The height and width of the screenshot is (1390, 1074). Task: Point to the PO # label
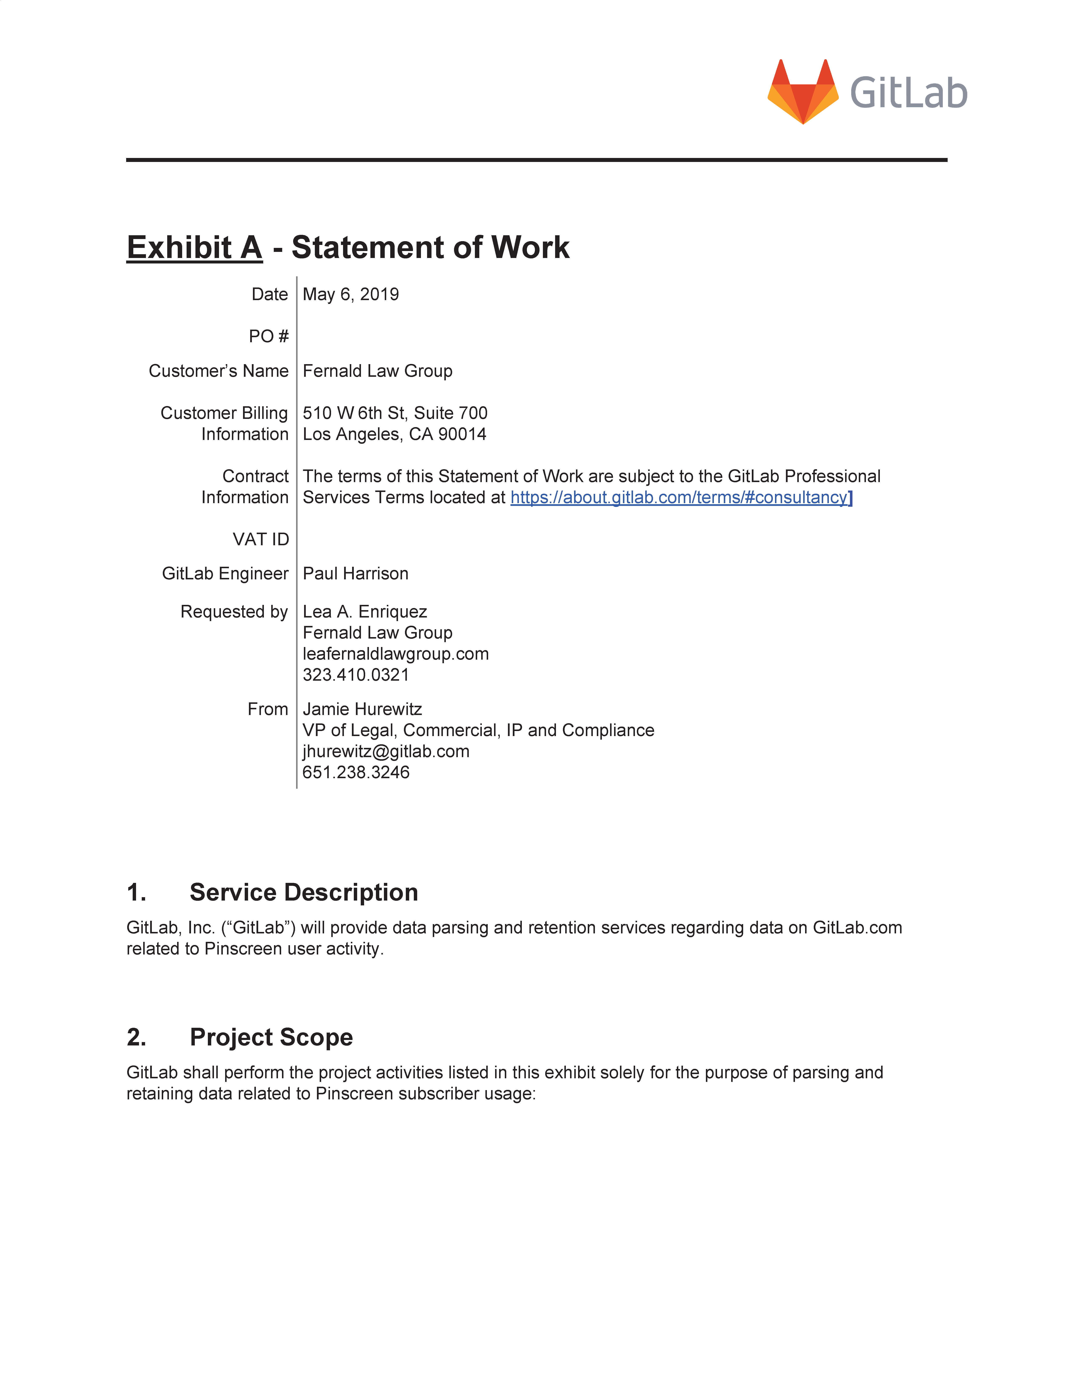pyautogui.click(x=268, y=336)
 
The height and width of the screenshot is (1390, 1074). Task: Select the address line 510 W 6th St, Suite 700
pyautogui.click(x=394, y=413)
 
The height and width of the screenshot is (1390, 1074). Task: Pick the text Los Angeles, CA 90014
pyautogui.click(x=394, y=434)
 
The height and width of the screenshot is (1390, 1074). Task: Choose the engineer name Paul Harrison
pyautogui.click(x=355, y=573)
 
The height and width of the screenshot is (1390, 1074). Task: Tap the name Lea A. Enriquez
pyautogui.click(x=365, y=612)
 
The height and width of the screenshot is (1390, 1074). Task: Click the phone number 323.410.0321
pyautogui.click(x=356, y=675)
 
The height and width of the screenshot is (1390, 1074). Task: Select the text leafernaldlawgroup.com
pyautogui.click(x=395, y=654)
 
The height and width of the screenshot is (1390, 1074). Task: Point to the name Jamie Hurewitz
pyautogui.click(x=362, y=709)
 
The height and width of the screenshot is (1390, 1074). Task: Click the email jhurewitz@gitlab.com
pyautogui.click(x=386, y=751)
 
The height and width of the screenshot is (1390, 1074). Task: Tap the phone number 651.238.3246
pyautogui.click(x=356, y=772)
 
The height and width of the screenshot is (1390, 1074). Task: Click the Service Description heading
pyautogui.click(x=303, y=892)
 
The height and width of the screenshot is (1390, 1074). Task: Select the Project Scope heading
pyautogui.click(x=271, y=1037)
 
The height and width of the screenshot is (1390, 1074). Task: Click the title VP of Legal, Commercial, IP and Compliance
pyautogui.click(x=478, y=730)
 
